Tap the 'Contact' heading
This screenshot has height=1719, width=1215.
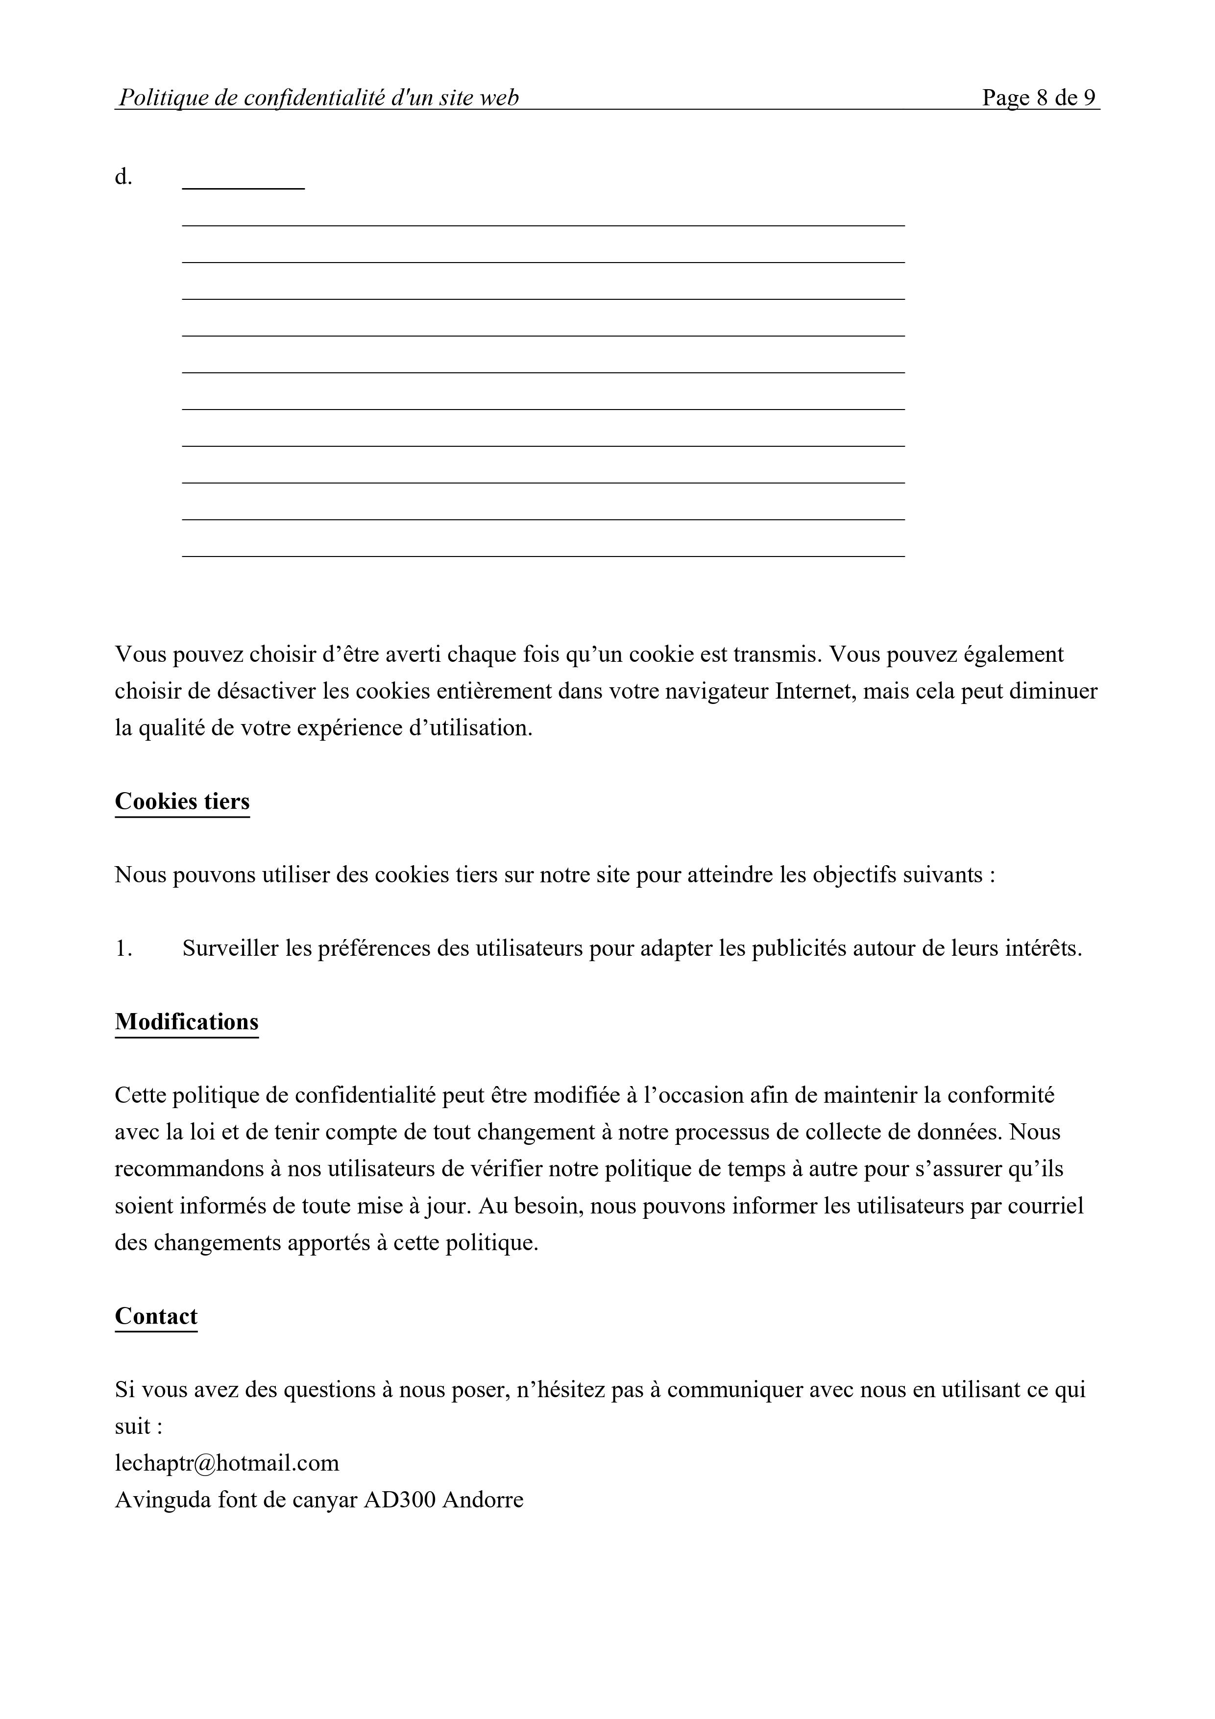tap(156, 1316)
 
